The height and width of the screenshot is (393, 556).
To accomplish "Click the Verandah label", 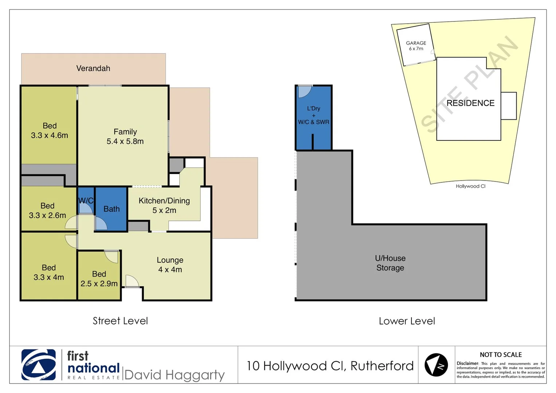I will click(93, 68).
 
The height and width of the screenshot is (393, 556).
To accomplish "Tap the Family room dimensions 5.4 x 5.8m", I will click(125, 142).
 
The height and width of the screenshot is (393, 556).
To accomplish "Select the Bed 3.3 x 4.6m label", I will click(50, 131).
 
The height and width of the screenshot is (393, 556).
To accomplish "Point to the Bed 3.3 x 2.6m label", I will click(47, 211).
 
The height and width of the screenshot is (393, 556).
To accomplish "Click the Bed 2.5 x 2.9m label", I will click(99, 279).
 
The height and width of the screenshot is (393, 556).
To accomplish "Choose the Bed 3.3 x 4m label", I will click(49, 273).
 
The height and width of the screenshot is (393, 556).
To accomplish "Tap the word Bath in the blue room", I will click(111, 209).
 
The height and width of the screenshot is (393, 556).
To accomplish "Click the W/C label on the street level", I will click(86, 201).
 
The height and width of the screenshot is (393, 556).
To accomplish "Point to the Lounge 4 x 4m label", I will click(170, 265).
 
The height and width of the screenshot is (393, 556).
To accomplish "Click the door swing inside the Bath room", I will click(100, 224).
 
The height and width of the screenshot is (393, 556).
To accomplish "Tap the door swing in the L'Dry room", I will click(304, 92).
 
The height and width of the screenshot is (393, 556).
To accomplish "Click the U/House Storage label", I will click(390, 263).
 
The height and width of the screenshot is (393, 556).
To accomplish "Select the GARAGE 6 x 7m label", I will click(416, 46).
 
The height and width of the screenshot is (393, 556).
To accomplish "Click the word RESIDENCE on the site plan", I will click(470, 103).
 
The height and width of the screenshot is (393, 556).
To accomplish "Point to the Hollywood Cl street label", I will click(470, 186).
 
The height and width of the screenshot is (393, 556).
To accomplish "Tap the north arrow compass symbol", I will click(436, 365).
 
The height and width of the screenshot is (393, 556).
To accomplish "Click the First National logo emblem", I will click(39, 365).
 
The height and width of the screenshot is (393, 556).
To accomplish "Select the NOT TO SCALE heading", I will click(501, 355).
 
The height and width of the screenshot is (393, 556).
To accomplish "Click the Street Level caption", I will click(120, 321).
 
